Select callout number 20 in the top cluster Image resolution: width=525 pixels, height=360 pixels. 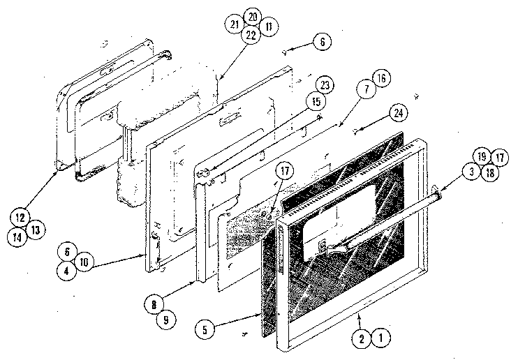click(252, 17)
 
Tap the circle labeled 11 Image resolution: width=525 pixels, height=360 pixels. click(268, 26)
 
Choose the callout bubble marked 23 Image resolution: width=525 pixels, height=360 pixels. click(324, 85)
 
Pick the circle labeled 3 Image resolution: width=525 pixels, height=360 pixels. click(472, 172)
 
